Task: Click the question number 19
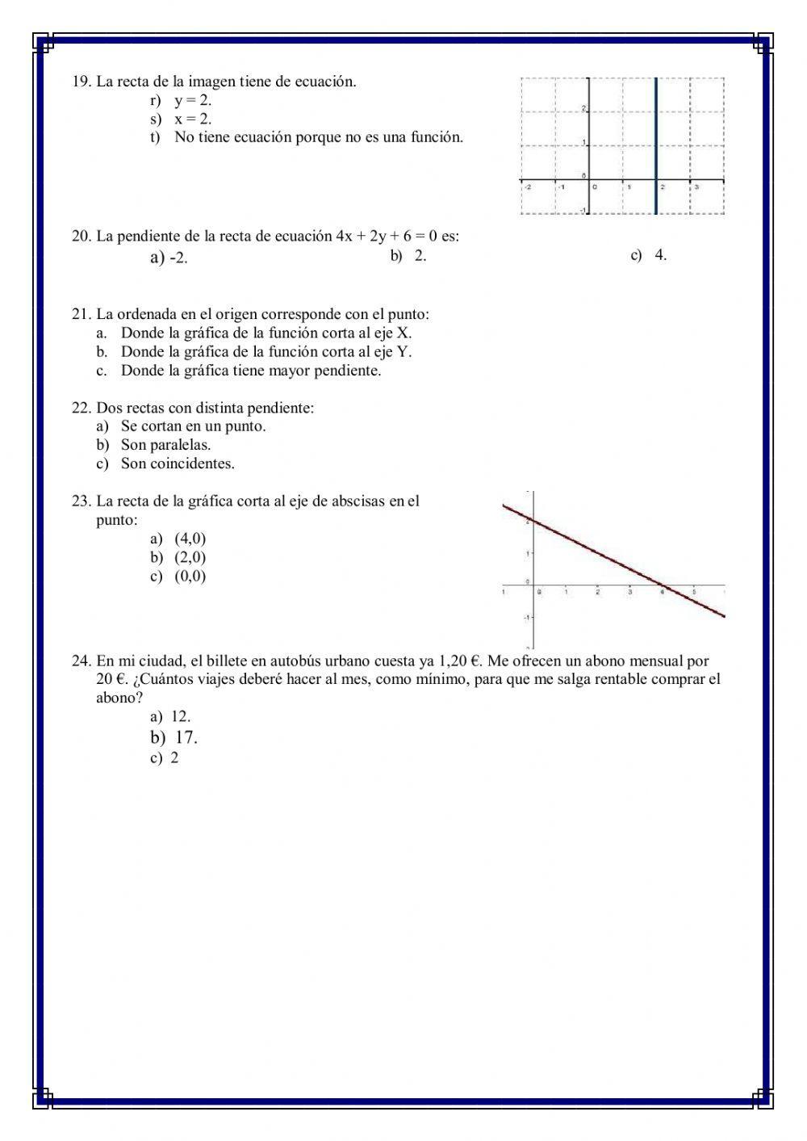(81, 82)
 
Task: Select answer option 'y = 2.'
(193, 101)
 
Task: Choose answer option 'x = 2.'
(193, 120)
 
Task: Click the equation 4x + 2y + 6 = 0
(386, 237)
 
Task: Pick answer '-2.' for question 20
(178, 258)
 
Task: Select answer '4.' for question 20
(660, 256)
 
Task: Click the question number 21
(81, 314)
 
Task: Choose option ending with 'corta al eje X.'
(266, 333)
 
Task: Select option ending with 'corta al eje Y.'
(266, 352)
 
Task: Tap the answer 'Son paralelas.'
(165, 445)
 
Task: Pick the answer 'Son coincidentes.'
(178, 464)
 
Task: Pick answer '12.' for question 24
(181, 716)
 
